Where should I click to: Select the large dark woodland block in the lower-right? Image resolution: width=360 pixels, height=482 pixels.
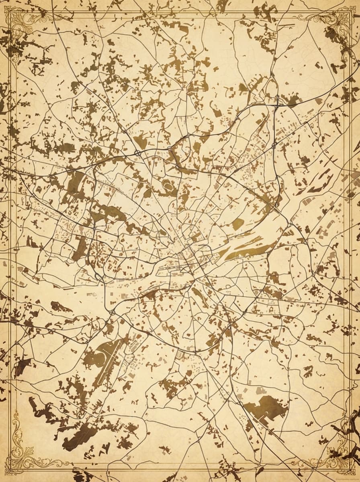[267, 406]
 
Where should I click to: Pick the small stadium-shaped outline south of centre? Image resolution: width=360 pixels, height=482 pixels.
[180, 355]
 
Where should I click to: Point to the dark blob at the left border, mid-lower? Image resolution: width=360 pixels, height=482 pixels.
[22, 366]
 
